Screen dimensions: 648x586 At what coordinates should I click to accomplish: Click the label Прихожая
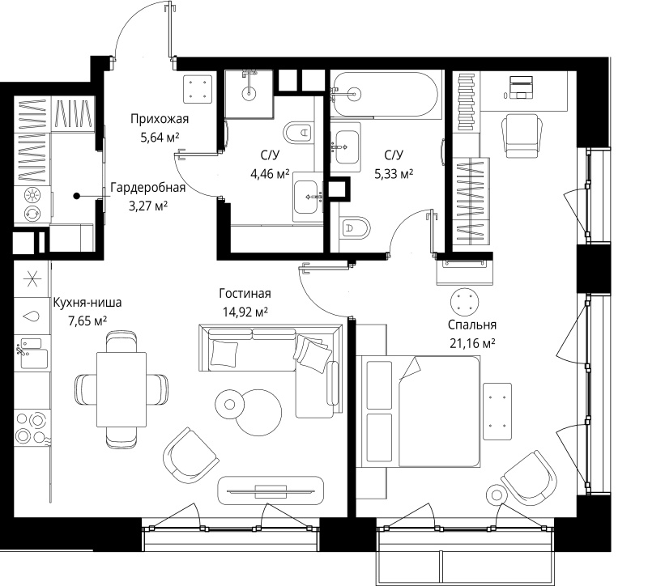[x=160, y=119]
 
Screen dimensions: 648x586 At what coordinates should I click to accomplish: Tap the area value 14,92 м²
[x=245, y=312]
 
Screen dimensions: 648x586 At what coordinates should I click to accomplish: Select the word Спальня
[x=472, y=325]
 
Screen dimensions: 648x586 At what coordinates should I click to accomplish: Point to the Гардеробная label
[x=148, y=188]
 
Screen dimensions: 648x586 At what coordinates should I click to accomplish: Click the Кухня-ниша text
[x=87, y=303]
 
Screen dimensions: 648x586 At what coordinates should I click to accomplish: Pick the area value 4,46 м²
[x=270, y=174]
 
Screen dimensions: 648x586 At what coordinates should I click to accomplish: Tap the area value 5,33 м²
[x=394, y=174]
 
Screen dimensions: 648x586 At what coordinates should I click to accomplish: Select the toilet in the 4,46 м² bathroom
[x=298, y=133]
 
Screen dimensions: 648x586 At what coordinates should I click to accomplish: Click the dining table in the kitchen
[x=122, y=389]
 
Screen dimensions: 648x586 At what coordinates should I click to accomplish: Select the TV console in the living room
[x=271, y=490]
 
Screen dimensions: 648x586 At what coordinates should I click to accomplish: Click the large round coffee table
[x=258, y=413]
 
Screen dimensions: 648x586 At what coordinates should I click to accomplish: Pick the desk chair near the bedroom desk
[x=522, y=135]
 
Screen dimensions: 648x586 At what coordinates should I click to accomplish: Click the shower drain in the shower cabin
[x=249, y=92]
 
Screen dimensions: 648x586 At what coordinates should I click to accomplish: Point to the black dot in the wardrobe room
[x=76, y=196]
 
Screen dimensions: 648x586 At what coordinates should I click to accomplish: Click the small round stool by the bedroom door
[x=463, y=302]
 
